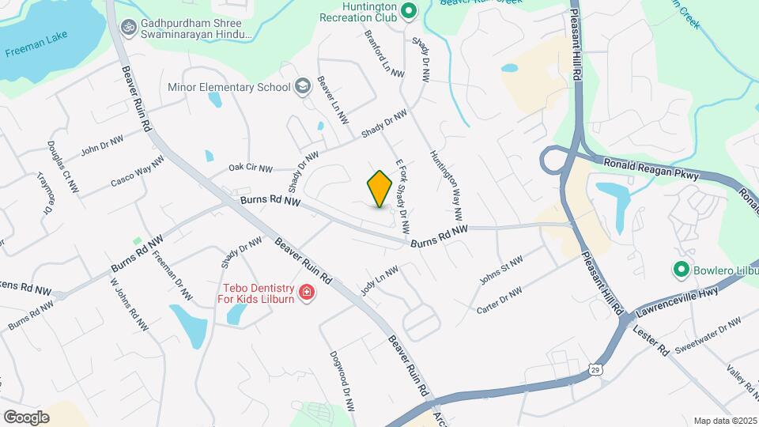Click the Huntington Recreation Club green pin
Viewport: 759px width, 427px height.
click(408, 11)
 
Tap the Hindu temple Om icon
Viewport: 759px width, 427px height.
click(126, 28)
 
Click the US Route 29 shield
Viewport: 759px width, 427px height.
click(595, 369)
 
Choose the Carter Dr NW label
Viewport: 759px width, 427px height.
click(500, 301)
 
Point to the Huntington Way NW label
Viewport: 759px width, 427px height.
click(445, 185)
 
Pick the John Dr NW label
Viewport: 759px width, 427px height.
click(103, 145)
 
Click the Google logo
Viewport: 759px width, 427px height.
click(26, 417)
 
